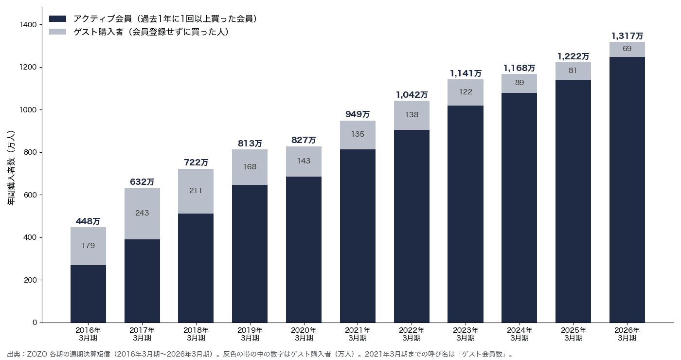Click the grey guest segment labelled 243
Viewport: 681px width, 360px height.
point(142,214)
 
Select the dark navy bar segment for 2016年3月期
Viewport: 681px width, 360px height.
point(88,294)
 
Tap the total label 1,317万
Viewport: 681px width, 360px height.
point(627,36)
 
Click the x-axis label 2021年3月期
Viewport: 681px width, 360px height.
point(358,334)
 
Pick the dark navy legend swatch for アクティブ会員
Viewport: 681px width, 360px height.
point(57,19)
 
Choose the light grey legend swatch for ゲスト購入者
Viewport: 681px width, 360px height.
point(57,32)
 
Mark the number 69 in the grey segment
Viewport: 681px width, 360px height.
point(627,49)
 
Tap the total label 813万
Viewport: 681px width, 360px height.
point(250,143)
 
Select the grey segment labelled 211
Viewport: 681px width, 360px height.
point(196,191)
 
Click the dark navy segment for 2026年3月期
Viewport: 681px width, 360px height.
point(627,190)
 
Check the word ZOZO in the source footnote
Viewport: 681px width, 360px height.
point(37,354)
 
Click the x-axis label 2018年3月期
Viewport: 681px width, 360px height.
point(196,334)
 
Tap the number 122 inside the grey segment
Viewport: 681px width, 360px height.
point(466,92)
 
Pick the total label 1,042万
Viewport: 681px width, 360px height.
point(412,95)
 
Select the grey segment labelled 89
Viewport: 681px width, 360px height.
point(520,83)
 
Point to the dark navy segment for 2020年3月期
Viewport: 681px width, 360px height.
point(304,250)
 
